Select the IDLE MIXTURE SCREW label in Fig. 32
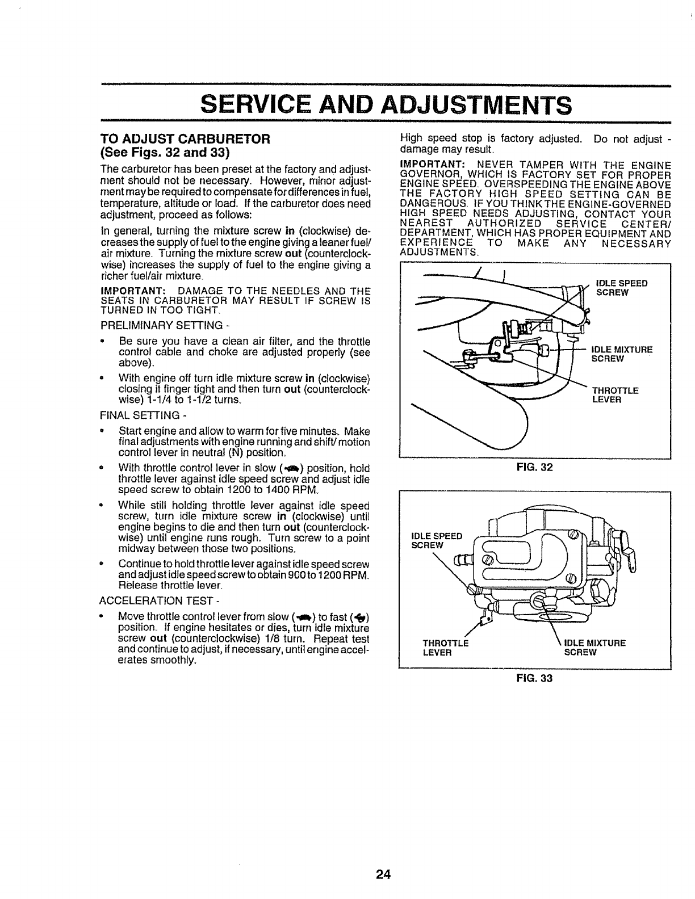[622, 354]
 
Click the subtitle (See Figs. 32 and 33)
[165, 153]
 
